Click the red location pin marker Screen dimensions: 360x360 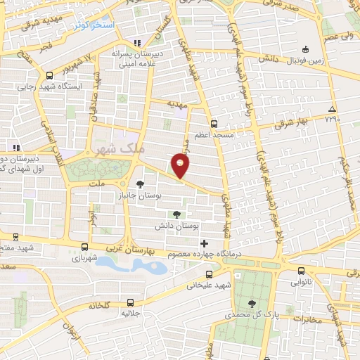click(x=181, y=164)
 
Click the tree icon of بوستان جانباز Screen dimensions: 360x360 click(x=141, y=183)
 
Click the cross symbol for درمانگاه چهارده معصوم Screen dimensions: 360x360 click(x=204, y=243)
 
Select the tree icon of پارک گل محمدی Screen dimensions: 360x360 click(x=252, y=303)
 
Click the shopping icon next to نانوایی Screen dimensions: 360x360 click(x=301, y=270)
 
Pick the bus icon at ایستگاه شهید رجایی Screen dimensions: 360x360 click(x=49, y=76)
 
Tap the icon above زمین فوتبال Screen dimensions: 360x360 click(x=305, y=49)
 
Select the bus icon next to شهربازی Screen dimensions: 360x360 click(x=85, y=247)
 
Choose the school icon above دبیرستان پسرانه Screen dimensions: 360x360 click(x=137, y=41)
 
